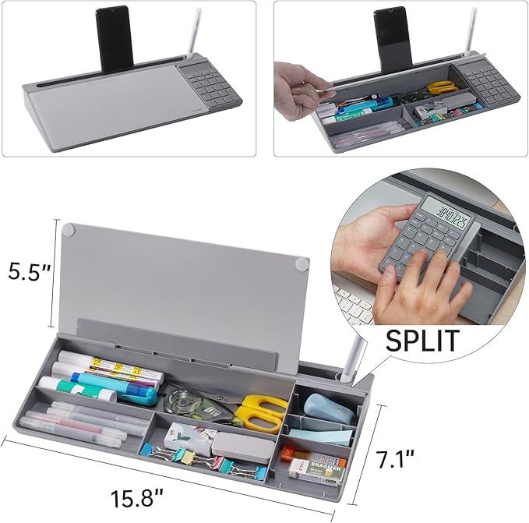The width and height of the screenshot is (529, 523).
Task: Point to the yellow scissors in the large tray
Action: (x=260, y=413)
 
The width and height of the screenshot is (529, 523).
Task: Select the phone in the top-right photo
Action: (x=392, y=38)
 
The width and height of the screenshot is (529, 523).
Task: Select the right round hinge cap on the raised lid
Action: (x=299, y=264)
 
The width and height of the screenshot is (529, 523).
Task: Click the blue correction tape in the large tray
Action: (x=320, y=407)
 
